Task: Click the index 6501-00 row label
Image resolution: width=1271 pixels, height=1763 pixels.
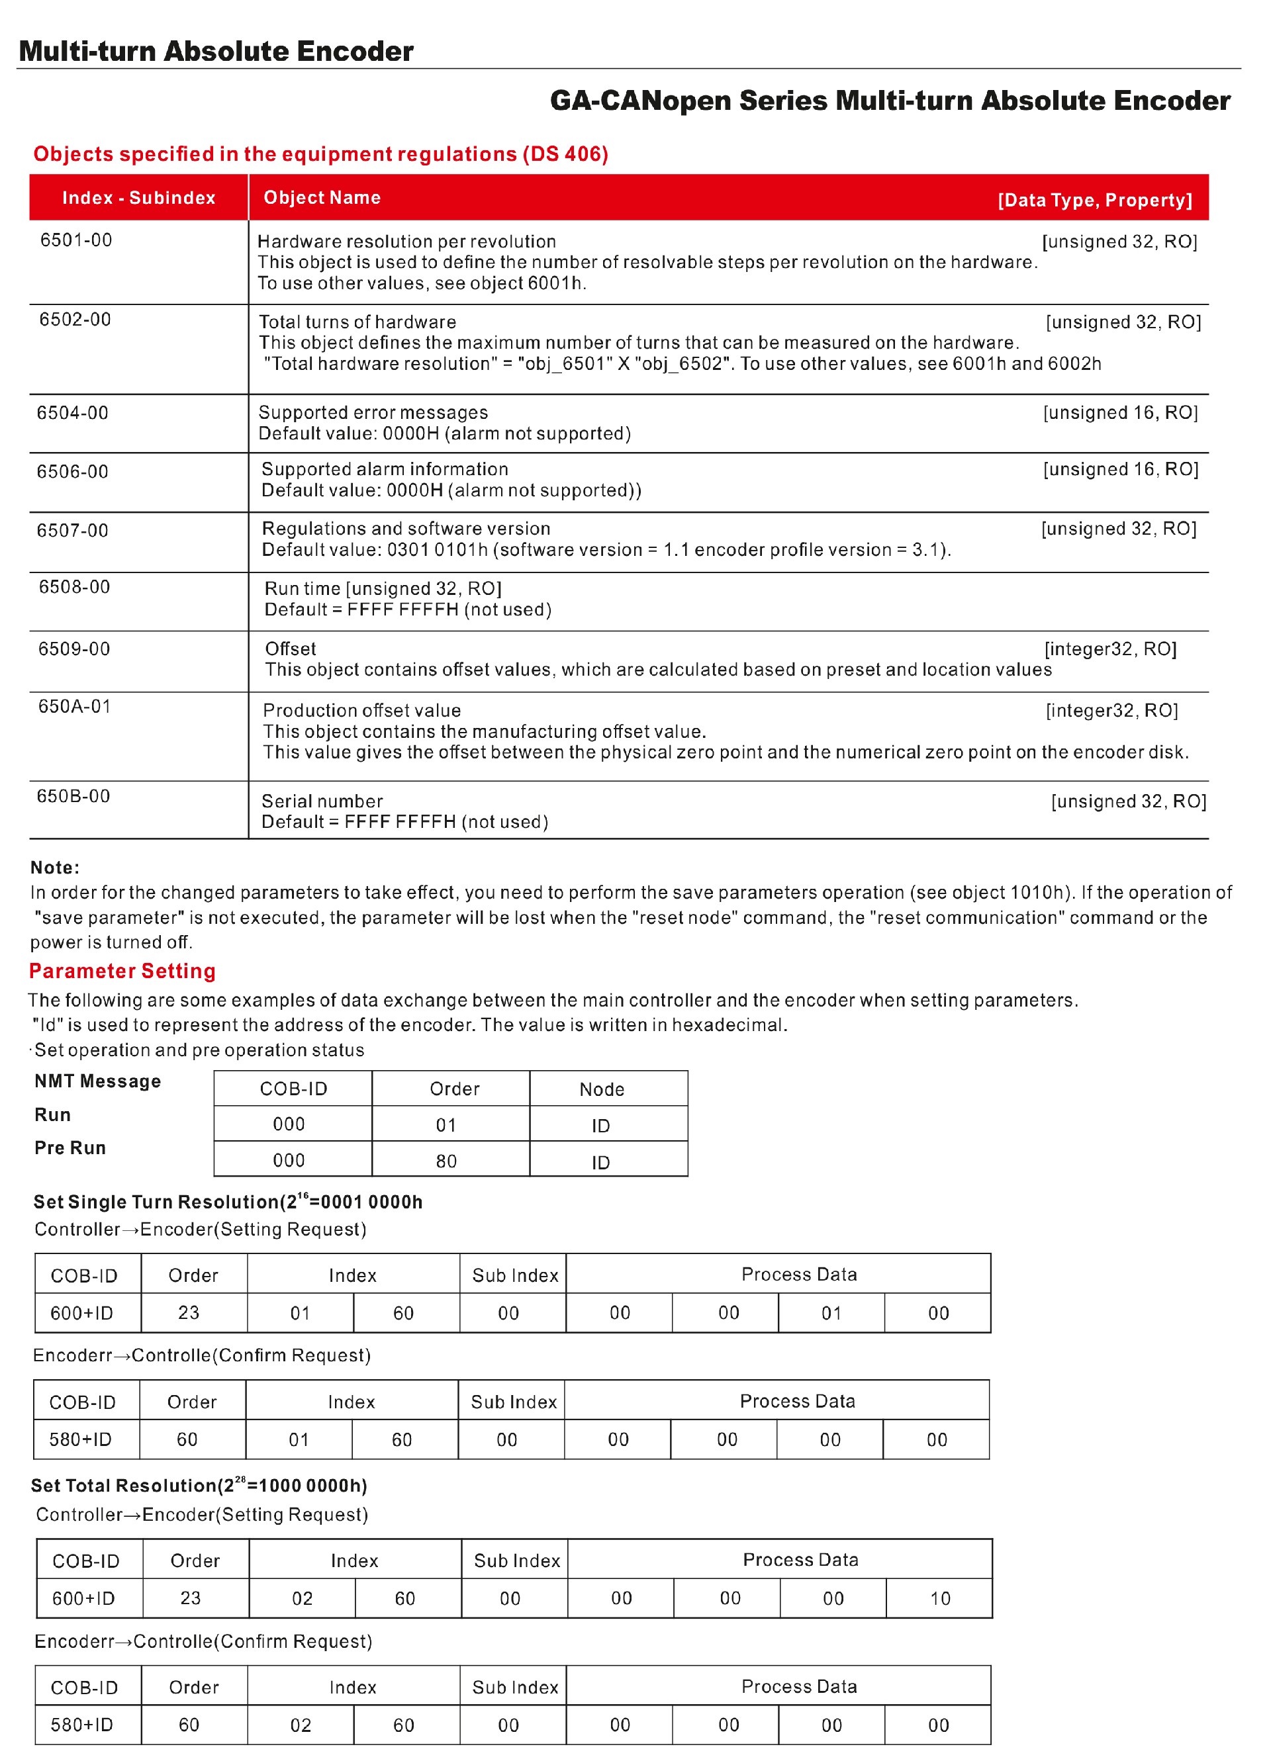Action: (x=76, y=240)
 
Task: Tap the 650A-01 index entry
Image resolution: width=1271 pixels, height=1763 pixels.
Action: (x=75, y=707)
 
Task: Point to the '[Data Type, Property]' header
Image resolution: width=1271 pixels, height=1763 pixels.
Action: (x=1094, y=200)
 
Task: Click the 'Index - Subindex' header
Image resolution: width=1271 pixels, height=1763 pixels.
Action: (x=139, y=199)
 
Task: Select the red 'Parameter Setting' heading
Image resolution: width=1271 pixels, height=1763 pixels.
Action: (x=122, y=971)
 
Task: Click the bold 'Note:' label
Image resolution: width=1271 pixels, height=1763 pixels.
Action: (x=55, y=868)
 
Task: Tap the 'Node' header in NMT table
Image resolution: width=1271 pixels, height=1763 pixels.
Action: (x=602, y=1089)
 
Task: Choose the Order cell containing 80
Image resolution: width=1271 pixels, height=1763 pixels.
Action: (x=446, y=1161)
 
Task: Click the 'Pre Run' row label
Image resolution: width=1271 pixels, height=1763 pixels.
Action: (x=70, y=1148)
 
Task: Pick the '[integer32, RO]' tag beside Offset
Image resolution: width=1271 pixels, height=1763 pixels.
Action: (x=1110, y=649)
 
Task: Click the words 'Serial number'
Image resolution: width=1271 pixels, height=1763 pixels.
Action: (x=322, y=801)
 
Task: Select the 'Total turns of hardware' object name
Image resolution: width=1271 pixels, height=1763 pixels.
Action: (x=357, y=322)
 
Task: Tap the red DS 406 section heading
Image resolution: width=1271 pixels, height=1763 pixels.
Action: (x=320, y=154)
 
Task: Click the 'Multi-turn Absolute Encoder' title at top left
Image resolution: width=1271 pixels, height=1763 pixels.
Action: (x=216, y=52)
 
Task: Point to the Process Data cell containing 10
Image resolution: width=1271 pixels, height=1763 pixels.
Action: (x=940, y=1598)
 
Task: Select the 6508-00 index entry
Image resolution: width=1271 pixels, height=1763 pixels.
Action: (x=75, y=587)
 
